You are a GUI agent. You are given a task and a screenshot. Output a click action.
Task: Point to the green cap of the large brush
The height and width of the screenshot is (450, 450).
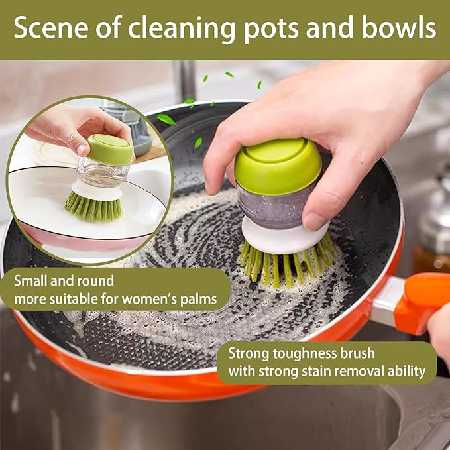tap(278, 166)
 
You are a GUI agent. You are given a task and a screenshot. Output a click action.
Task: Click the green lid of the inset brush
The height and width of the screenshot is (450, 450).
tap(110, 150)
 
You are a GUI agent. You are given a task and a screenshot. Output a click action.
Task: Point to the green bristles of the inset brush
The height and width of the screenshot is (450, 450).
tap(93, 207)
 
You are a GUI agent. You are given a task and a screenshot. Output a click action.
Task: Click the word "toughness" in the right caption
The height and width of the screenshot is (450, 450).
tap(300, 353)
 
